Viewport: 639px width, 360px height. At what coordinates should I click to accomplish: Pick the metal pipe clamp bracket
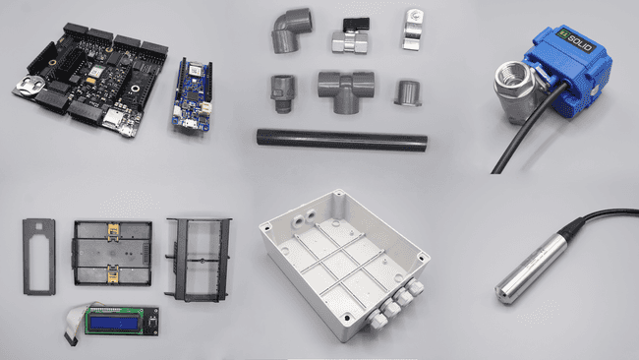pyautogui.click(x=412, y=30)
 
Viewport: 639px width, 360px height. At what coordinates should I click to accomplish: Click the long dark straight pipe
pyautogui.click(x=341, y=140)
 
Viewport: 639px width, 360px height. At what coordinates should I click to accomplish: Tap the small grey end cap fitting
pyautogui.click(x=406, y=92)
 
